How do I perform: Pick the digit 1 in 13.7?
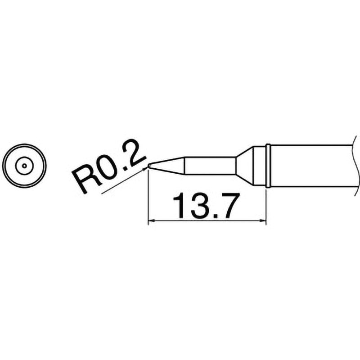click(x=178, y=206)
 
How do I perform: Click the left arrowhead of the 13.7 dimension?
click(x=152, y=221)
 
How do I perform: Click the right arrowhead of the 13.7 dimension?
click(x=262, y=221)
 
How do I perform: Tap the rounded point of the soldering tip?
click(x=149, y=166)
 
